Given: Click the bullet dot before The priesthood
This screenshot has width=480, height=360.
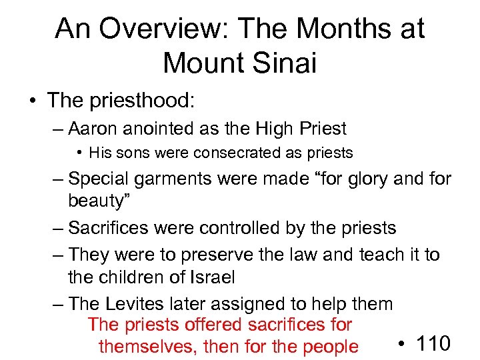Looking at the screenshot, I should (x=31, y=101).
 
